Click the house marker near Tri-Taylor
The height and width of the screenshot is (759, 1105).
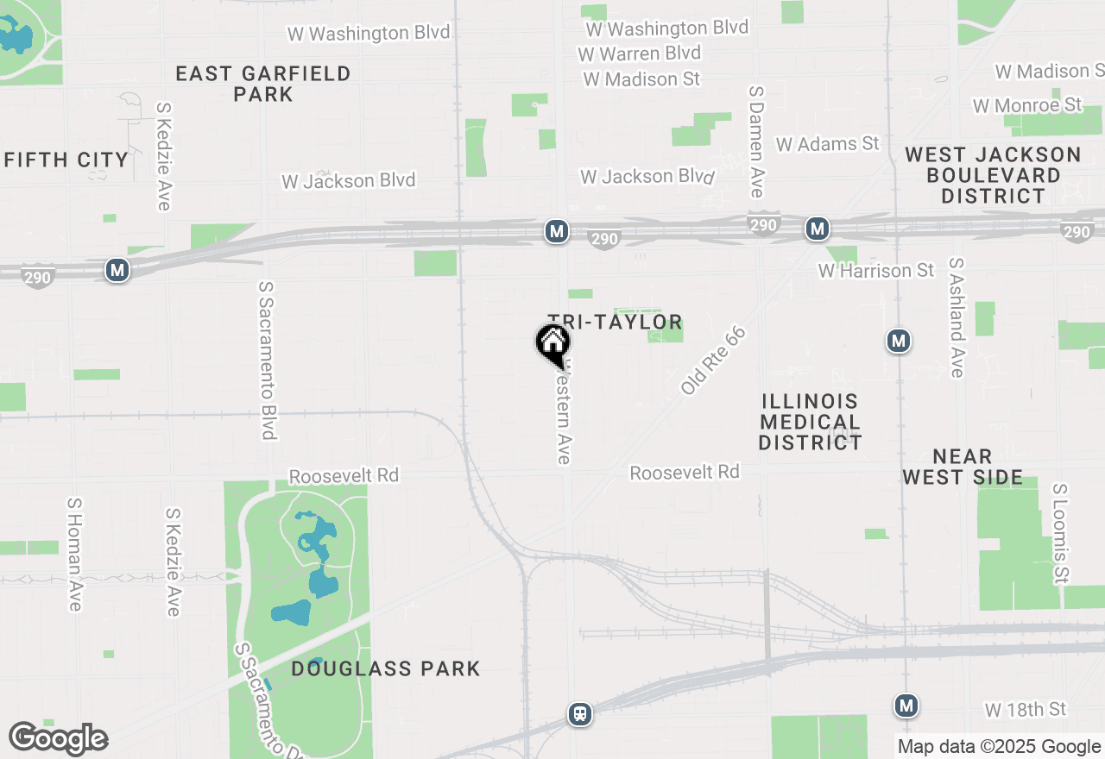click(553, 343)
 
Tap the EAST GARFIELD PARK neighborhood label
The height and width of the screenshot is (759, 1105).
click(263, 84)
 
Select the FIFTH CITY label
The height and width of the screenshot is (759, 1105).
click(66, 160)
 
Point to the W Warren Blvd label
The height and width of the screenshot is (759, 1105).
click(639, 53)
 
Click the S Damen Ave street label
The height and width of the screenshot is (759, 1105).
click(757, 141)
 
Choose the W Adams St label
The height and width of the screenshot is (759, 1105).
click(827, 144)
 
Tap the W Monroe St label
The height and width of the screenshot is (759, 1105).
click(1026, 105)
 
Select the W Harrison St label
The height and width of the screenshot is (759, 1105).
click(875, 271)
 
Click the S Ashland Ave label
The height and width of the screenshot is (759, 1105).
click(956, 317)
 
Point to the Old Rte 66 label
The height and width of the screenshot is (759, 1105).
click(712, 361)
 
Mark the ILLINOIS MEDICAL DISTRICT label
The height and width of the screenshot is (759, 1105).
click(811, 422)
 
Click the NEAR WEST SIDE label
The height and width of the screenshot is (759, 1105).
click(963, 467)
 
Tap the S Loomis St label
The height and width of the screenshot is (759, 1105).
click(1060, 533)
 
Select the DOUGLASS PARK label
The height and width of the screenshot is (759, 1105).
click(385, 668)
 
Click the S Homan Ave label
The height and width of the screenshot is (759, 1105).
click(74, 554)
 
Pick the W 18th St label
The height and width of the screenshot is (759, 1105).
click(1026, 710)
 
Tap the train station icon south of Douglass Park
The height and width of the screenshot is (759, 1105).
click(580, 714)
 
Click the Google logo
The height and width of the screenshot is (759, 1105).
click(58, 739)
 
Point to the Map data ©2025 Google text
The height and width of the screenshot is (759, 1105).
click(1000, 747)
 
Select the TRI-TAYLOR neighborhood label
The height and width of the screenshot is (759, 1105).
click(615, 323)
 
